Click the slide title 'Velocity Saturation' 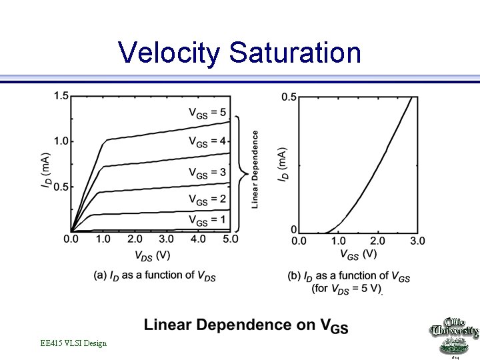(x=239, y=53)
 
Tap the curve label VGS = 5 (x=207, y=112)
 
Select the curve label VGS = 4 (x=207, y=141)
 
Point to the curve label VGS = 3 (x=207, y=173)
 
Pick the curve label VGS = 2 (x=207, y=199)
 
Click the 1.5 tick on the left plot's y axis (x=61, y=96)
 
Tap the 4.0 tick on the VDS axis (x=198, y=239)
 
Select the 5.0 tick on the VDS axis (x=230, y=239)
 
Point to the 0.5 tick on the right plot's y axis (x=289, y=97)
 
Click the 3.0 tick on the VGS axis (x=417, y=240)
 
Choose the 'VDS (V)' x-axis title (x=152, y=255)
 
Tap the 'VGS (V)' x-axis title (x=359, y=254)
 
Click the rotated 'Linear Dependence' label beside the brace (x=255, y=169)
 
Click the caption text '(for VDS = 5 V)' (x=346, y=289)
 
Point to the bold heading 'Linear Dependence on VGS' (x=246, y=325)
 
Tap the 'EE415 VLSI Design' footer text (x=73, y=343)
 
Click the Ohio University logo (x=453, y=337)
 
